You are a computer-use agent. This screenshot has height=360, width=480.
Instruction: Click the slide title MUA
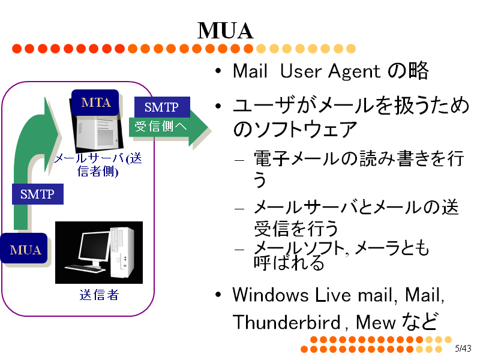click(x=225, y=30)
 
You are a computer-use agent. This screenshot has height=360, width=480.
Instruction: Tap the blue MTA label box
click(x=96, y=103)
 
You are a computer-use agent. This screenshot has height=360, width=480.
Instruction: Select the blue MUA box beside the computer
click(x=25, y=249)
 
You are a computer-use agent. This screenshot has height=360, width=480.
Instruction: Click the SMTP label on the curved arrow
click(x=37, y=194)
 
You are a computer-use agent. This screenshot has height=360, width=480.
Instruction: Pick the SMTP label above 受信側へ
click(x=161, y=107)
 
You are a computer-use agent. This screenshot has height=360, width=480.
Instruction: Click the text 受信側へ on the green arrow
click(x=160, y=127)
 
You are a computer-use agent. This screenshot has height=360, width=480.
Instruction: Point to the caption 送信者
click(x=99, y=295)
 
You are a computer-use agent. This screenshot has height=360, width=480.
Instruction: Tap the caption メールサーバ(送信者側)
click(x=99, y=164)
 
